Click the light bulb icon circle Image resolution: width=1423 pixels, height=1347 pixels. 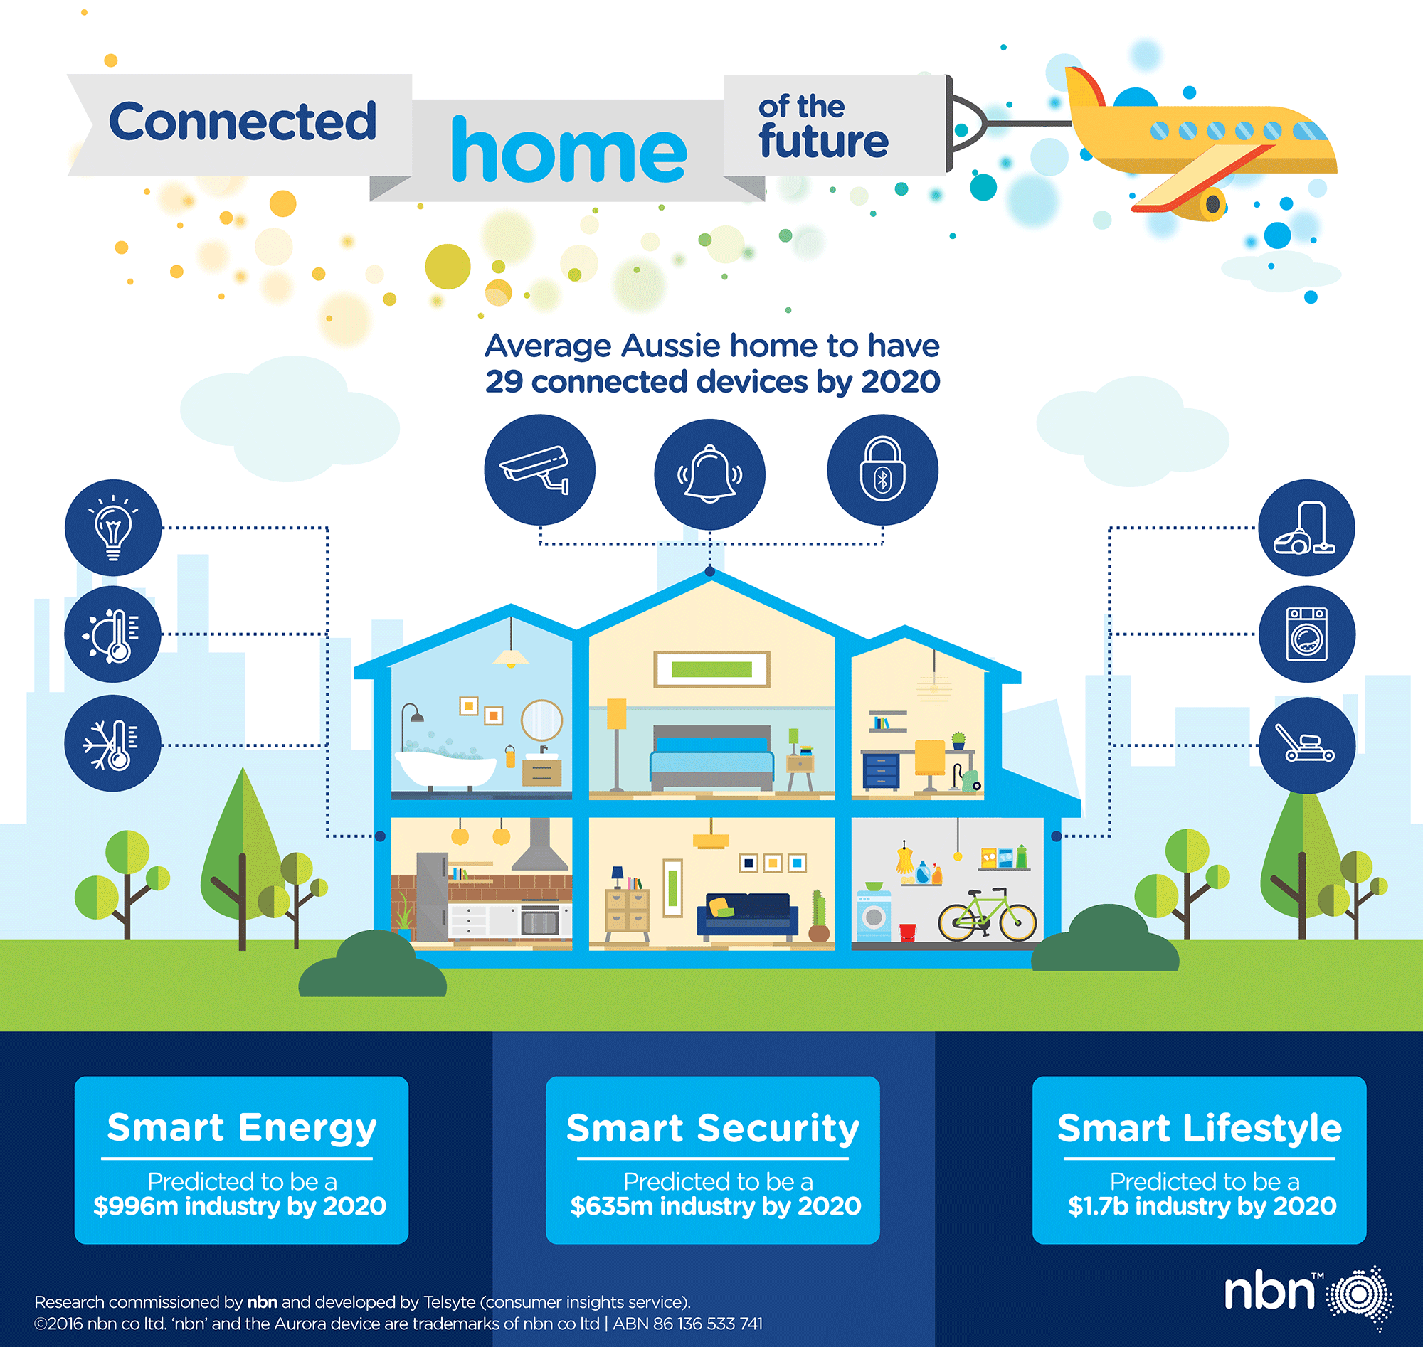tap(113, 528)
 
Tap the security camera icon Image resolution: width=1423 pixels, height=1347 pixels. tap(539, 469)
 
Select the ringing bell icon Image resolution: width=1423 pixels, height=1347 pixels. tap(709, 474)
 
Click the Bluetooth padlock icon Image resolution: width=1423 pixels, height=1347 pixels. tap(883, 469)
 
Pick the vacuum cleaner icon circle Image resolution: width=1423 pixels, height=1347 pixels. tap(1306, 528)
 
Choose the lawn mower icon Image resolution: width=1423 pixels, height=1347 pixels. tap(1307, 745)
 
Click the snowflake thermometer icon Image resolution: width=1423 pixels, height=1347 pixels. tap(113, 743)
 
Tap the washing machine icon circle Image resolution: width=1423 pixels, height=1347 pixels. tap(1307, 634)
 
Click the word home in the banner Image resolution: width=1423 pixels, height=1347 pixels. tap(569, 149)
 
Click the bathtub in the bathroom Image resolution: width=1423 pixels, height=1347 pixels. tap(446, 769)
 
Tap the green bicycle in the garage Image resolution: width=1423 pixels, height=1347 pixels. tap(988, 914)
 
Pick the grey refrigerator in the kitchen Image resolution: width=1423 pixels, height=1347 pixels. tap(432, 897)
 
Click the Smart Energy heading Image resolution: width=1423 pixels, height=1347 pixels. tap(241, 1127)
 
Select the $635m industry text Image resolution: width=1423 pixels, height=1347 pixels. tap(716, 1205)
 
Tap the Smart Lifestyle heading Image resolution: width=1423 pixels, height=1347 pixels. tap(1199, 1127)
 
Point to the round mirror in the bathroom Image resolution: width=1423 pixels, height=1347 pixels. tap(541, 720)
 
